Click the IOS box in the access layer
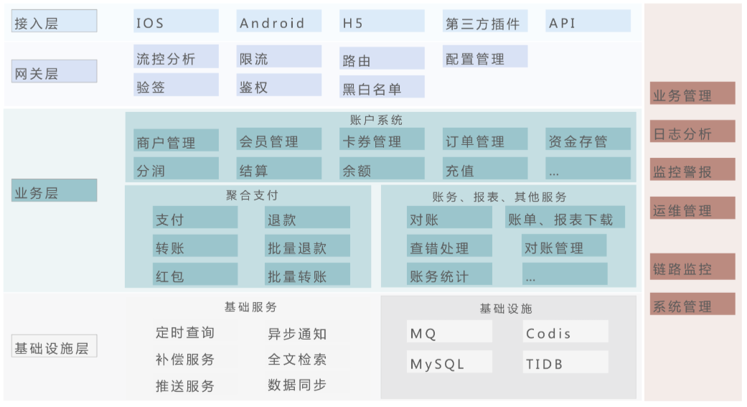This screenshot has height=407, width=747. pyautogui.click(x=176, y=22)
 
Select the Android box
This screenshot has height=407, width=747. pyautogui.click(x=279, y=22)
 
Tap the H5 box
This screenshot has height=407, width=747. pyautogui.click(x=382, y=22)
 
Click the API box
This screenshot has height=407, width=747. pyautogui.click(x=588, y=22)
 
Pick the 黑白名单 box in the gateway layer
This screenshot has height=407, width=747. pyautogui.click(x=382, y=88)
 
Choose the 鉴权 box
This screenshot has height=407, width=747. pyautogui.click(x=279, y=86)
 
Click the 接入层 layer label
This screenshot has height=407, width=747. pyautogui.click(x=55, y=22)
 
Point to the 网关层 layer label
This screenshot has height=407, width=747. pyautogui.click(x=55, y=72)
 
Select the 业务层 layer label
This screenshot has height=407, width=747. pyautogui.click(x=55, y=192)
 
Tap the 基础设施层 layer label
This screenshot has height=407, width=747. pyautogui.click(x=55, y=347)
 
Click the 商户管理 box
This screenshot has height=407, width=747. pyautogui.click(x=176, y=141)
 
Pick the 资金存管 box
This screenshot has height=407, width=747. pyautogui.click(x=588, y=141)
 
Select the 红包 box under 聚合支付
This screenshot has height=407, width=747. pyautogui.click(x=195, y=276)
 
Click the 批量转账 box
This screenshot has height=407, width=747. pyautogui.click(x=308, y=276)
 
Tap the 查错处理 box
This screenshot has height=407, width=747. pyautogui.click(x=449, y=248)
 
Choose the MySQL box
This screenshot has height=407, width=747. pyautogui.click(x=449, y=363)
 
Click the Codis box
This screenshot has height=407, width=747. pyautogui.click(x=565, y=332)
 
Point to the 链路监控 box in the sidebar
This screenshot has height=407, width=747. pyautogui.click(x=692, y=268)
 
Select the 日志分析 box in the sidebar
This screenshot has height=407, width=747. pyautogui.click(x=692, y=133)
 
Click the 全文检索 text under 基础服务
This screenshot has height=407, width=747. pyautogui.click(x=297, y=359)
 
